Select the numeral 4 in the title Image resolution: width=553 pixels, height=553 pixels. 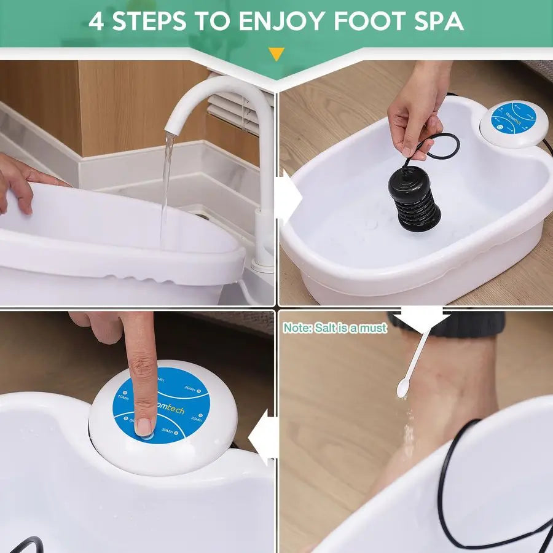coord(96,21)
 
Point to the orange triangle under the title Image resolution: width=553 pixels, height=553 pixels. coord(276,55)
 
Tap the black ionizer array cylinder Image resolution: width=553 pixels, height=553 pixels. coord(414,198)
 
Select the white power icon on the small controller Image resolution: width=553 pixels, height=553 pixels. coord(500,128)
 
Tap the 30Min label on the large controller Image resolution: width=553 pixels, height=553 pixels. coord(168,431)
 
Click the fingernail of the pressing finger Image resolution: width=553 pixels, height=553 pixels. coord(144,426)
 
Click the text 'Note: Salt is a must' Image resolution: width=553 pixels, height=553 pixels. coord(335,328)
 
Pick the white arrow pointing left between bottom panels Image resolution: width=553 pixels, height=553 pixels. coord(263,437)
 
